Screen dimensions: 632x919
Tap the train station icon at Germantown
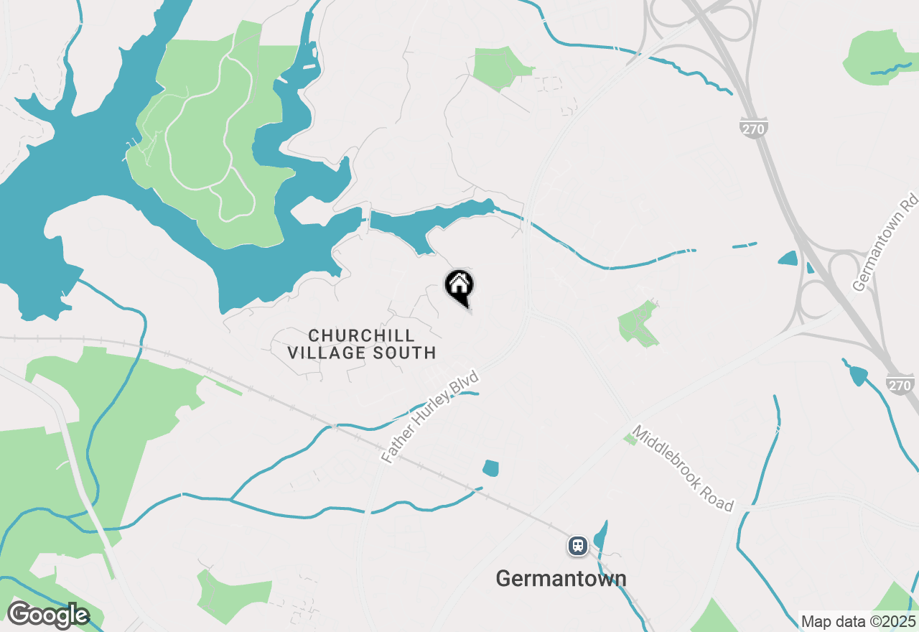577,547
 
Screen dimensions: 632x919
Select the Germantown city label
561,578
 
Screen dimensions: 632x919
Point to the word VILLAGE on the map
325,353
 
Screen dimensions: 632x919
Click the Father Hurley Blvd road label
429,417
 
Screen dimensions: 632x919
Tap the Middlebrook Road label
683,468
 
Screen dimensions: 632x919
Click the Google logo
47,615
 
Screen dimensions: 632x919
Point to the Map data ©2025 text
859,621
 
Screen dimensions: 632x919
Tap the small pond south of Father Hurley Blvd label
490,468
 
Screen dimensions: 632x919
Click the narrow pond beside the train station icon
601,534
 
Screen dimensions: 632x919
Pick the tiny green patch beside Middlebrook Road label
630,438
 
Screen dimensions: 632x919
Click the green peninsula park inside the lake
208,136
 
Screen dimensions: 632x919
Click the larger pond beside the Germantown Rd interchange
788,259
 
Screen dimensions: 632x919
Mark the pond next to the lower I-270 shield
857,375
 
